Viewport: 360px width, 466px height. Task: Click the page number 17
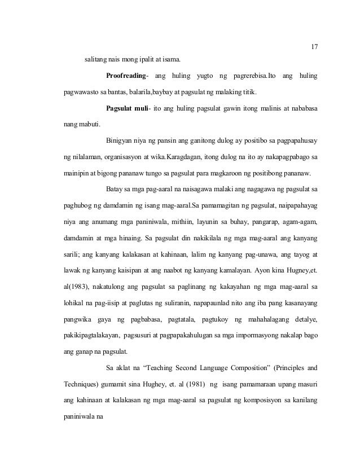pyautogui.click(x=314, y=46)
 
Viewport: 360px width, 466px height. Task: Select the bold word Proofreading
pyautogui.click(x=126, y=76)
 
